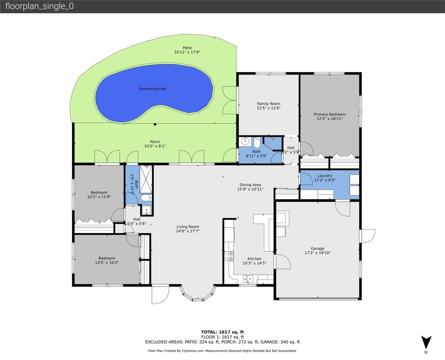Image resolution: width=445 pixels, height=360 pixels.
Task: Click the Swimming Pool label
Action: [x=152, y=89]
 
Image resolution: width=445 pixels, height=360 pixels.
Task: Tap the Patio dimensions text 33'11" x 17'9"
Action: [x=187, y=52]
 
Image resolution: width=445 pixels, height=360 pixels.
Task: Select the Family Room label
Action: [x=268, y=104]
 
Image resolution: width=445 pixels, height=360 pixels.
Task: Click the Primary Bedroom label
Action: [x=330, y=114]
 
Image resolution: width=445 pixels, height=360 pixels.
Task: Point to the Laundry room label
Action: [x=324, y=176]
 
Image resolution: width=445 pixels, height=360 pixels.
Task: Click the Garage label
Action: [x=317, y=248]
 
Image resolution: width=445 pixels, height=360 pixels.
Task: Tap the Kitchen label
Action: [x=254, y=259]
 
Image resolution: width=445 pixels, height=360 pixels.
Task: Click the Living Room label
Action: [x=187, y=227]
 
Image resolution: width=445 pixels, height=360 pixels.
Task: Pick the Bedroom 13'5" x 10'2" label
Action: [x=107, y=258]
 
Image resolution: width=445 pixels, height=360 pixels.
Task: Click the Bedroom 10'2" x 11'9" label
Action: [x=99, y=192]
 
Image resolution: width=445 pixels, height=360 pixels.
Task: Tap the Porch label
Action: [x=155, y=142]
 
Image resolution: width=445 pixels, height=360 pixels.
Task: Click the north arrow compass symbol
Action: [x=425, y=342]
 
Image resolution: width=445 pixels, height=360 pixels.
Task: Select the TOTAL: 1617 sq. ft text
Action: [x=222, y=332]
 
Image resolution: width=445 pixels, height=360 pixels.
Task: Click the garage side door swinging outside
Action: [x=368, y=236]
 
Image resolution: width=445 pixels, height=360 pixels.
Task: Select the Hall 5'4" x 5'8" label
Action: [x=137, y=221]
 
